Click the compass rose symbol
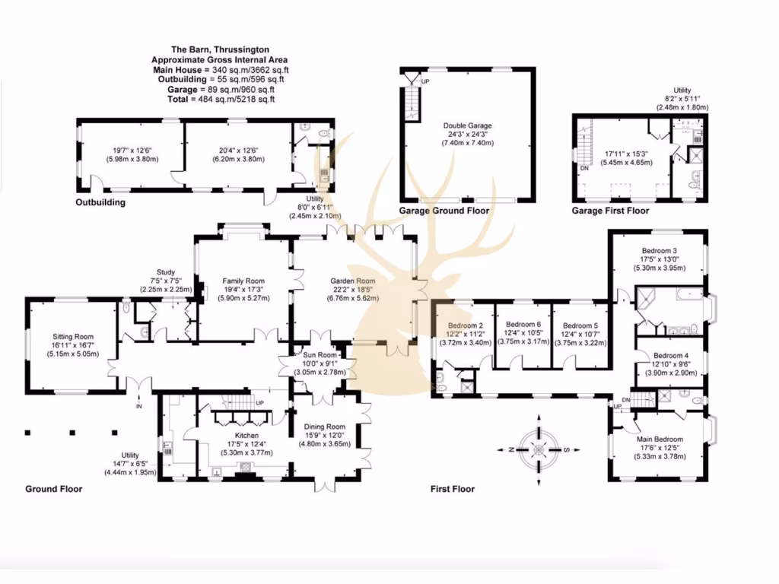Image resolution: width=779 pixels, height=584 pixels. [x=539, y=449]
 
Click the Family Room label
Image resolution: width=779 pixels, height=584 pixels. [x=243, y=280]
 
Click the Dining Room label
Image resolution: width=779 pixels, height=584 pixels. [x=325, y=427]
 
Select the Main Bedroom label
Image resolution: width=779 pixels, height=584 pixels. [x=660, y=439]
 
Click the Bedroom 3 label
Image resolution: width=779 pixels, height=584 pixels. [x=659, y=250]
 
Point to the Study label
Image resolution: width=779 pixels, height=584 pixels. [x=166, y=271]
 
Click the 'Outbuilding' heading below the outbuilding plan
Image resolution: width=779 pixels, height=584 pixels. [x=100, y=203]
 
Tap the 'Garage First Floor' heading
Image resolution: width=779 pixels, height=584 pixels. [x=610, y=211]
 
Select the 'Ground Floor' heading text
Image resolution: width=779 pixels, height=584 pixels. [x=54, y=489]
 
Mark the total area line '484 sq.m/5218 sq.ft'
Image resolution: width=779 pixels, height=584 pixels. [x=220, y=99]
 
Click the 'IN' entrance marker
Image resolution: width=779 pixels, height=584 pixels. [x=138, y=407]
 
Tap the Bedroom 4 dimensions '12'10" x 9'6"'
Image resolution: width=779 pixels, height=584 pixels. [x=669, y=364]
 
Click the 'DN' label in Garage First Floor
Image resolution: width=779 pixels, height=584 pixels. [x=584, y=169]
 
